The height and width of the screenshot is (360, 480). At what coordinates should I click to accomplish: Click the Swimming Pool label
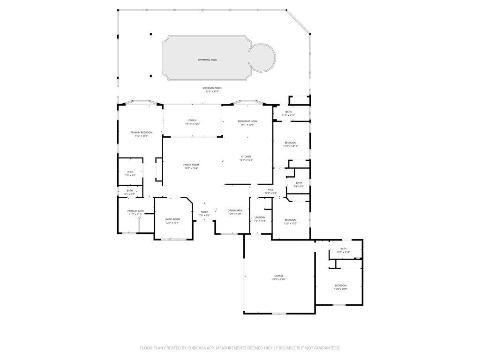[207, 60]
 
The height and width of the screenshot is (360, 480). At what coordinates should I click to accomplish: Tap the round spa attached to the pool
[262, 57]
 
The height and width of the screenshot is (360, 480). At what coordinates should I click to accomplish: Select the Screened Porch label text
[212, 88]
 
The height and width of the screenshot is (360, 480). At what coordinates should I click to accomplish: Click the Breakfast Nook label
[247, 121]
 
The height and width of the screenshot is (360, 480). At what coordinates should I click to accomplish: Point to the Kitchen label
[246, 157]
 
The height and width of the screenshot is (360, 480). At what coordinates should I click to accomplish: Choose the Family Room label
[191, 165]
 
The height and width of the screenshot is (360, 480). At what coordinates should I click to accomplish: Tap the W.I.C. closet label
[130, 172]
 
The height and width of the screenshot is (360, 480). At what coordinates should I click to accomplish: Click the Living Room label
[172, 219]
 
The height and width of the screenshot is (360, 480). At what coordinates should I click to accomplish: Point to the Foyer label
[204, 212]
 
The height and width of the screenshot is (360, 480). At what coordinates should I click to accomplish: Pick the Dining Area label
[235, 210]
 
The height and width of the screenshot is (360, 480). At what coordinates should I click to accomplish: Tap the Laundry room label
[260, 217]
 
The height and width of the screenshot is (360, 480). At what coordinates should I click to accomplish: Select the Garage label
[279, 276]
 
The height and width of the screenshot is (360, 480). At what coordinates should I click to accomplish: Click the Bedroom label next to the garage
[341, 285]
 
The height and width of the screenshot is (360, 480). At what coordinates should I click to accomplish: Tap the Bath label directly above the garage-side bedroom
[344, 249]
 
